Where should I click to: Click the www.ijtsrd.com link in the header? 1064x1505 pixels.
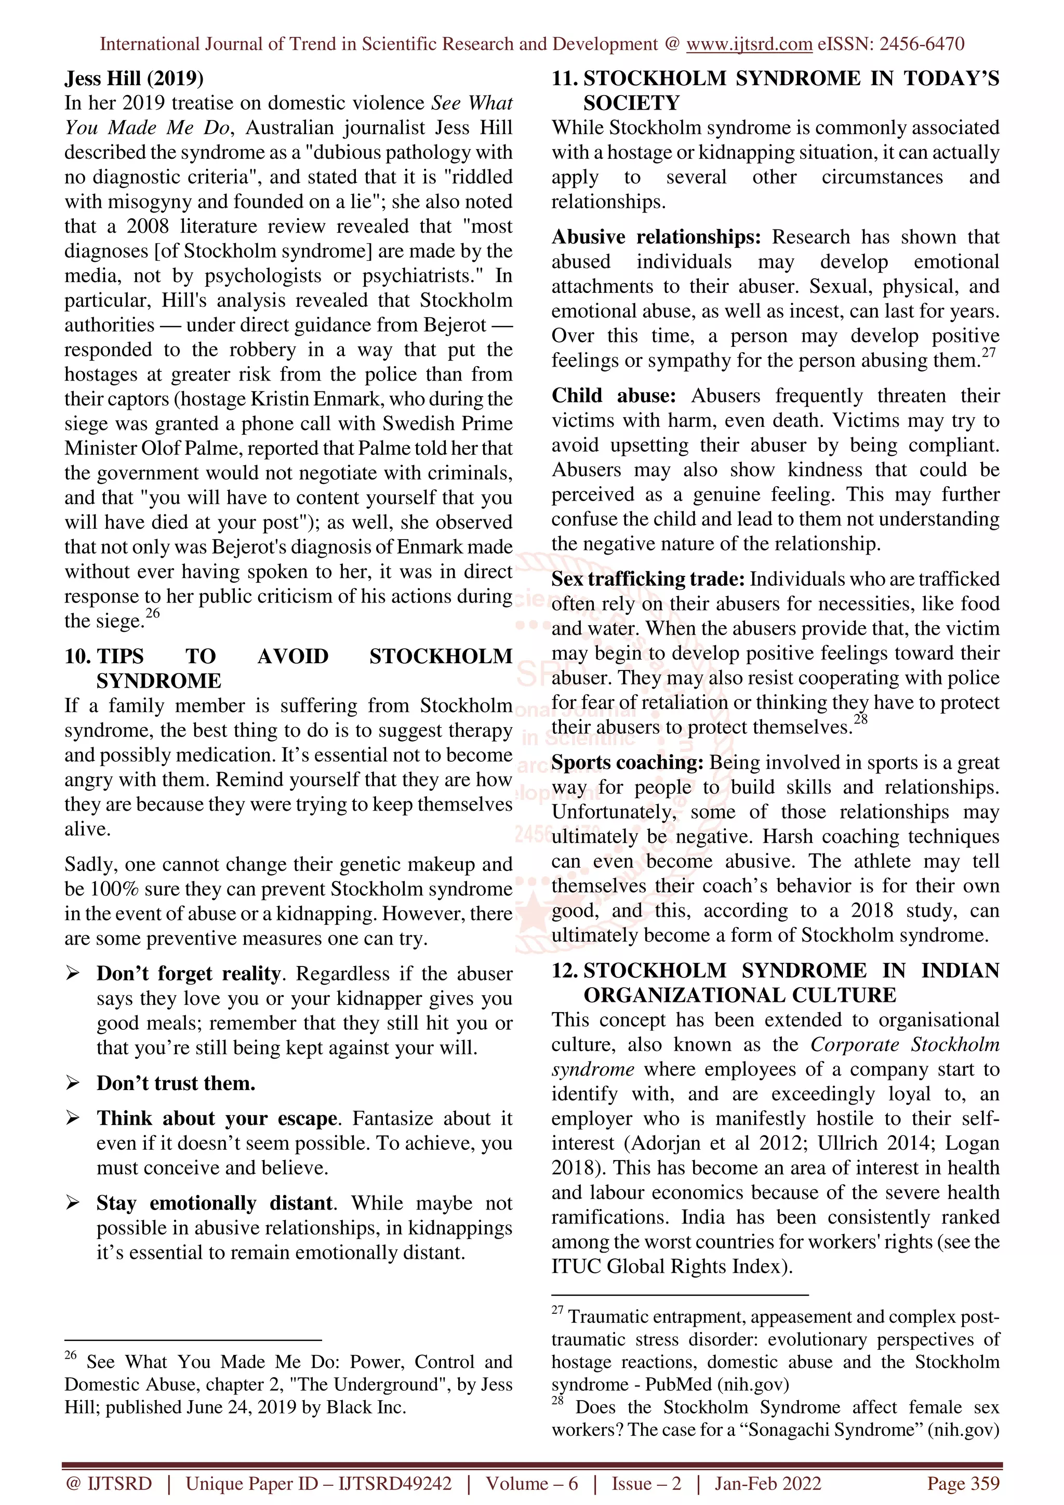[x=749, y=44]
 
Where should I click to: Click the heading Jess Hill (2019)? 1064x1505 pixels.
[x=134, y=78]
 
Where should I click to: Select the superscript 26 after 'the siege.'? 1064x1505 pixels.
[x=152, y=613]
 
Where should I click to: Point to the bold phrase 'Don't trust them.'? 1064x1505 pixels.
[x=176, y=1083]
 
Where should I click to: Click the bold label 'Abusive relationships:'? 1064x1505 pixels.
[x=656, y=237]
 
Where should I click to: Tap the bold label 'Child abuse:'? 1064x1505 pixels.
[x=613, y=396]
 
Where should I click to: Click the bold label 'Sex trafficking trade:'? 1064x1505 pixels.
[x=648, y=580]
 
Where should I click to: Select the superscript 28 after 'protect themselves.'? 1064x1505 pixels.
[x=860, y=720]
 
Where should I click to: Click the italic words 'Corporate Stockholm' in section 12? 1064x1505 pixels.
[x=905, y=1045]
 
